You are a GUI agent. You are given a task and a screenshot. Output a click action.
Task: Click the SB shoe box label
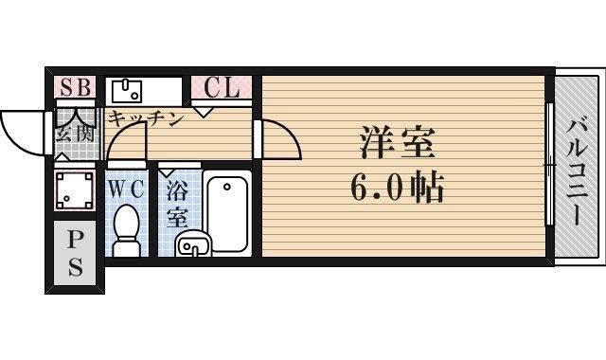[75, 88]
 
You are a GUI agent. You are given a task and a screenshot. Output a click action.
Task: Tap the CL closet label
[223, 88]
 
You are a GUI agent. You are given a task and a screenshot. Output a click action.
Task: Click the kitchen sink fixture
[127, 91]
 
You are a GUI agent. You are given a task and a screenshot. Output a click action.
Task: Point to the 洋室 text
[397, 145]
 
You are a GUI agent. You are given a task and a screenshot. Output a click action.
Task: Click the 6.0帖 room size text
[397, 190]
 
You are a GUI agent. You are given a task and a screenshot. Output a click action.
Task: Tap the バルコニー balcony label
[578, 168]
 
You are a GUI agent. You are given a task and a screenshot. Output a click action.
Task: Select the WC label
[125, 188]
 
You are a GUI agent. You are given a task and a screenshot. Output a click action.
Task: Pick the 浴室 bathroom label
[176, 203]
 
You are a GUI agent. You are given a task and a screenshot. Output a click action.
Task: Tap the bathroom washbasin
[195, 245]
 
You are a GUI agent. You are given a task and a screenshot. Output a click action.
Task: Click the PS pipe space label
[74, 252]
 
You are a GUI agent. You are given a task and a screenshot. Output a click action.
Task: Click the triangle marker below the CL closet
[204, 111]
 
